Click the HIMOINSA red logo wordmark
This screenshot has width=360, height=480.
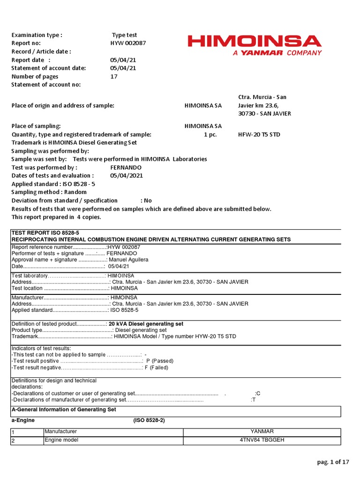255,41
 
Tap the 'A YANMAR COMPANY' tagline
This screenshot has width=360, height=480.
277,53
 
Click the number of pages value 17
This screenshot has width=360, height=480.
114,76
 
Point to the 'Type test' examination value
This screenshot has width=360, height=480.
124,35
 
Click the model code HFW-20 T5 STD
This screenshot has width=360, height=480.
259,135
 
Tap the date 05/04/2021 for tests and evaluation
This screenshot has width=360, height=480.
127,176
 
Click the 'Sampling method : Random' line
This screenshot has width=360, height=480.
49,192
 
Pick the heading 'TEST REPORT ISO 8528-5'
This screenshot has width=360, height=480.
45,232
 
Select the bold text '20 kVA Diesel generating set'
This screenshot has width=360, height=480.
146,324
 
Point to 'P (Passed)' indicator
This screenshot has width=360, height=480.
160,361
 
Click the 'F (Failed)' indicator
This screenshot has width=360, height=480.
156,368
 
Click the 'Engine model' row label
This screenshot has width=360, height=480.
61,441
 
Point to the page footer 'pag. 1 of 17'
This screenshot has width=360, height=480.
333,462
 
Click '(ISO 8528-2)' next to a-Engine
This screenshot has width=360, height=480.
149,421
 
